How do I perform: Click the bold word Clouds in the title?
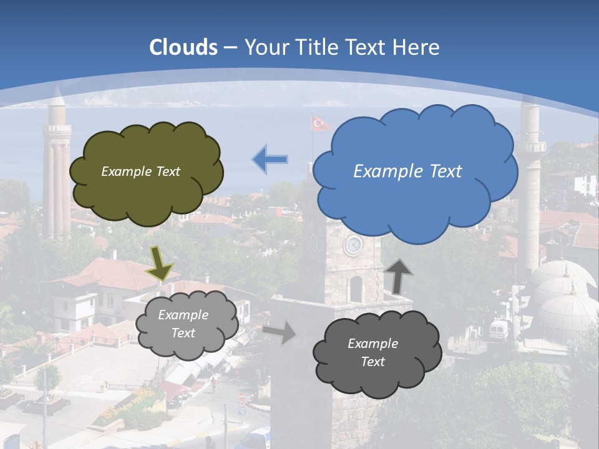[183, 47]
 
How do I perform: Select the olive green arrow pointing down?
[160, 263]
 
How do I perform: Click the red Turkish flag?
[320, 123]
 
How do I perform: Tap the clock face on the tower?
[353, 245]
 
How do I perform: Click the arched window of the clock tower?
[356, 288]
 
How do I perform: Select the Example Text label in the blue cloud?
[407, 171]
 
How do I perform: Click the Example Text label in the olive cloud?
[140, 171]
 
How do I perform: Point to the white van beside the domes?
[499, 330]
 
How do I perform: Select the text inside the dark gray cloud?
[373, 352]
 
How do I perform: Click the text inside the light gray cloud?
[183, 324]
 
